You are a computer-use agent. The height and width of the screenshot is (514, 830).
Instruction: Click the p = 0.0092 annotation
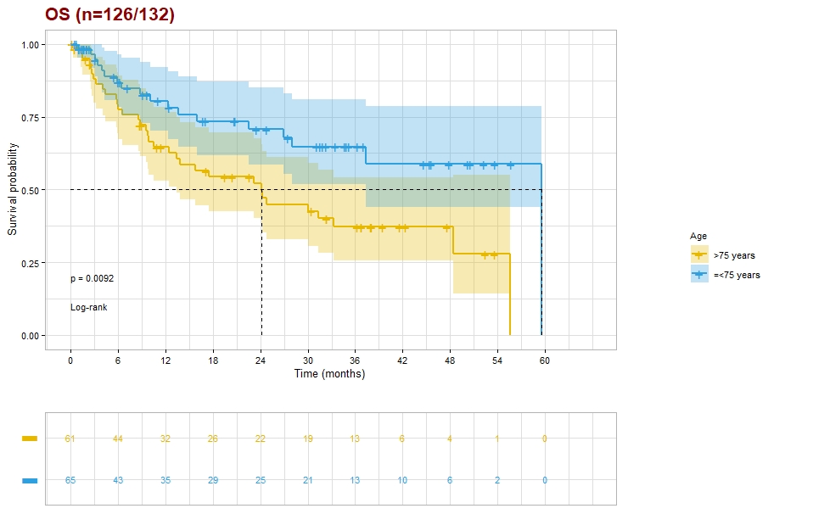coord(92,278)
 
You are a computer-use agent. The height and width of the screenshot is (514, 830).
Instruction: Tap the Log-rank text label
coord(88,307)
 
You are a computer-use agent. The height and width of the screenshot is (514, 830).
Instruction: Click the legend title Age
coord(698,236)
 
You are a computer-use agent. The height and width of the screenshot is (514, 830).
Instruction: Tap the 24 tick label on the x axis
coord(261,360)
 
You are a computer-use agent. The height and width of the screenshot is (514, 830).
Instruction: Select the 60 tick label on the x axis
coord(545,360)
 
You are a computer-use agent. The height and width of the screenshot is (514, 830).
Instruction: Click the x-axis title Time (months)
coord(329,374)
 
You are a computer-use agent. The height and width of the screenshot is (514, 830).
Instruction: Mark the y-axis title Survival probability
coord(13,191)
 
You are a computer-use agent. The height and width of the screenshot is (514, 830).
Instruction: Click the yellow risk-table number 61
coord(70,439)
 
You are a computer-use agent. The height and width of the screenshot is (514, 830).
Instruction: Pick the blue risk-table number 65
coord(70,481)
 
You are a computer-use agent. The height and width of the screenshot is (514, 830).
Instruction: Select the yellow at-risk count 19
coord(308,439)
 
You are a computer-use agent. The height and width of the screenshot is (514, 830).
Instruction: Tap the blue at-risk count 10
coord(402,481)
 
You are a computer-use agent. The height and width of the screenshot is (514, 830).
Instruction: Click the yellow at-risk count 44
coord(118,439)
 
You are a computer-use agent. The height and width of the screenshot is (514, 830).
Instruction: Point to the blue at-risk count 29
coord(213,481)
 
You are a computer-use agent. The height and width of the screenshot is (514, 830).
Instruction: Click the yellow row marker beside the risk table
coord(30,439)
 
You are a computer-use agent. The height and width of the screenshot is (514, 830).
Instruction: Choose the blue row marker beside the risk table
coord(30,481)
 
